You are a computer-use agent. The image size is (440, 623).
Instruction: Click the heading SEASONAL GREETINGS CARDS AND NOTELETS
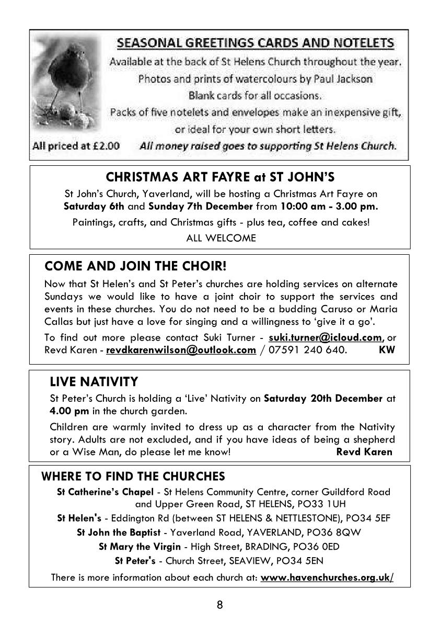click(255, 43)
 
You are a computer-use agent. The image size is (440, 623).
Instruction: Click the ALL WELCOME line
click(221, 238)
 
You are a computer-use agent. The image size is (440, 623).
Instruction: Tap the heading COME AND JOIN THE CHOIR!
click(136, 266)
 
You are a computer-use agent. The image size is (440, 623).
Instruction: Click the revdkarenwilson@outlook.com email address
click(181, 349)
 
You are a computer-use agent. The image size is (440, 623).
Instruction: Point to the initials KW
click(387, 349)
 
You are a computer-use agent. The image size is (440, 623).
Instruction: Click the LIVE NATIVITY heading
click(94, 381)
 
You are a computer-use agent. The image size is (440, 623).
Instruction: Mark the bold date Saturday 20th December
click(323, 399)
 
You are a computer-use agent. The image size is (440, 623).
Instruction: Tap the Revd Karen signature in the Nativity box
click(364, 451)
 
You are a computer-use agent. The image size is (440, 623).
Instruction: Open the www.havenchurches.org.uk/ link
click(327, 577)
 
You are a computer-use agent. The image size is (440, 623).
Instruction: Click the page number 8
click(219, 605)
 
